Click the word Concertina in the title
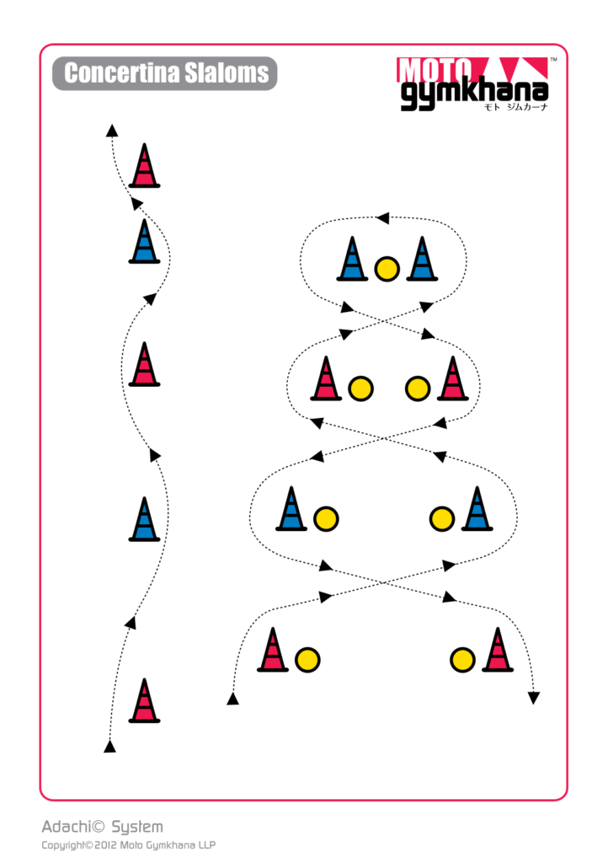(x=121, y=73)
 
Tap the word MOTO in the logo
(x=435, y=70)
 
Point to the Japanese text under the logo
(x=515, y=107)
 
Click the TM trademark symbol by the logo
(x=553, y=60)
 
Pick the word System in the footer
(x=137, y=828)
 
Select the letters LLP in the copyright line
(x=206, y=845)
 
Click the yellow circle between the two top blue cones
(x=387, y=269)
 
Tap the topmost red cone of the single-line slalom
(x=144, y=165)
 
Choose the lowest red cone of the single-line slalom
(x=144, y=700)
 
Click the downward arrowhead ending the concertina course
(x=534, y=698)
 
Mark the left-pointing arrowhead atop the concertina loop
(x=382, y=218)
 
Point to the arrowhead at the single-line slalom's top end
(x=112, y=131)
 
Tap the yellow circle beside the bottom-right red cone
(x=462, y=660)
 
